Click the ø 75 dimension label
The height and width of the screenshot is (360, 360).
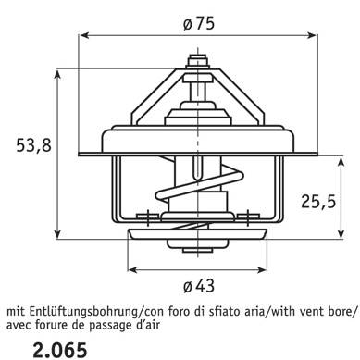click(198, 24)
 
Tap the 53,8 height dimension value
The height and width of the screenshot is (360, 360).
click(34, 145)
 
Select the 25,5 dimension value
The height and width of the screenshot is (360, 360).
click(318, 202)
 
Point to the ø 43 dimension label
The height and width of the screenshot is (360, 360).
click(199, 287)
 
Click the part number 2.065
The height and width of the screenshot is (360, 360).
click(60, 350)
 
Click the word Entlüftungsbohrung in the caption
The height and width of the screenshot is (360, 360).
click(83, 312)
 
